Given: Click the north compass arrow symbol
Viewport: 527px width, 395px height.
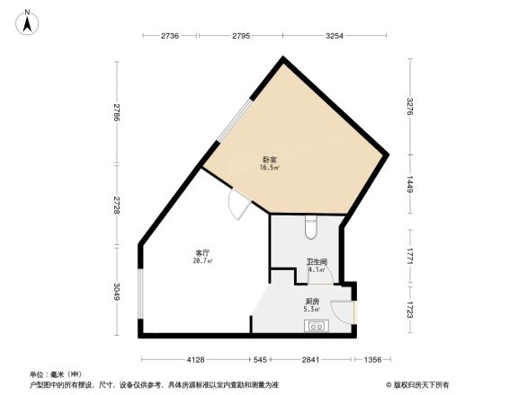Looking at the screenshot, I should coord(28,20).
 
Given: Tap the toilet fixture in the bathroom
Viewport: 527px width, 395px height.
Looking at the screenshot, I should coord(310,229).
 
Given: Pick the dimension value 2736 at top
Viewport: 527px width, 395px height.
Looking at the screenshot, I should coord(171,36).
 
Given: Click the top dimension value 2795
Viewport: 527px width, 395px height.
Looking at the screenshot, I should coord(241,36).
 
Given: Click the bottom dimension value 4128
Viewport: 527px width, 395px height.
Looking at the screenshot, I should coord(196,360).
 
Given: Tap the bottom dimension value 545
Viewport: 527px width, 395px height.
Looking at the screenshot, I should coord(259,360).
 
